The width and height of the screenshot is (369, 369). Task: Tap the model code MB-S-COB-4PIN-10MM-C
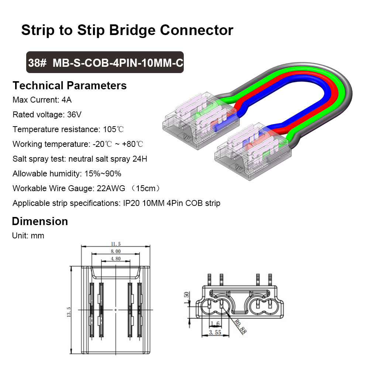pos(118,63)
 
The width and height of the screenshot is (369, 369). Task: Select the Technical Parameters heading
pos(69,86)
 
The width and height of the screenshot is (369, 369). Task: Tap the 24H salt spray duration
pos(140,159)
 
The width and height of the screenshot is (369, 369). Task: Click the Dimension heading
pos(40,221)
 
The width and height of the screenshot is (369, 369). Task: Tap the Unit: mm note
pos(28,235)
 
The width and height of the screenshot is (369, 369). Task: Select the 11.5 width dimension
pos(115,244)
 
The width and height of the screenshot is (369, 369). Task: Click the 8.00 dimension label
pos(115,251)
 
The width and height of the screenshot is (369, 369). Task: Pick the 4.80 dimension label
pos(115,259)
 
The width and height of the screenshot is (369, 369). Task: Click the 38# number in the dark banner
pos(37,63)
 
